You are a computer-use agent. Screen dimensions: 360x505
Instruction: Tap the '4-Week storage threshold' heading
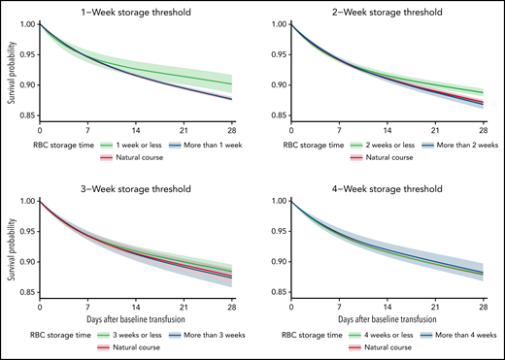(x=389, y=188)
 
